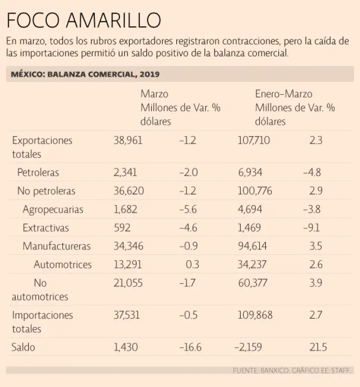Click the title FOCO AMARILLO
click(84, 20)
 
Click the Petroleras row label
click(38, 173)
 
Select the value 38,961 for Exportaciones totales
click(128, 141)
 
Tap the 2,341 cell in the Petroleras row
click(125, 173)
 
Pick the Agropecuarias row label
click(53, 210)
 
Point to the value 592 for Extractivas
click(122, 228)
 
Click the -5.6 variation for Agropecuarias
click(189, 210)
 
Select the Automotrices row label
click(63, 265)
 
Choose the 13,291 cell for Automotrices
click(128, 265)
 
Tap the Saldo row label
click(23, 347)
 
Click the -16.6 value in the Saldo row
click(190, 347)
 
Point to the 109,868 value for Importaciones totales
click(255, 315)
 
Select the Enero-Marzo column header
click(283, 94)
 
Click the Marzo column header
click(154, 94)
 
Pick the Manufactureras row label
click(56, 246)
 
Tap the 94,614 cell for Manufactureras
click(253, 246)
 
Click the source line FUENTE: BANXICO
click(293, 370)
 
